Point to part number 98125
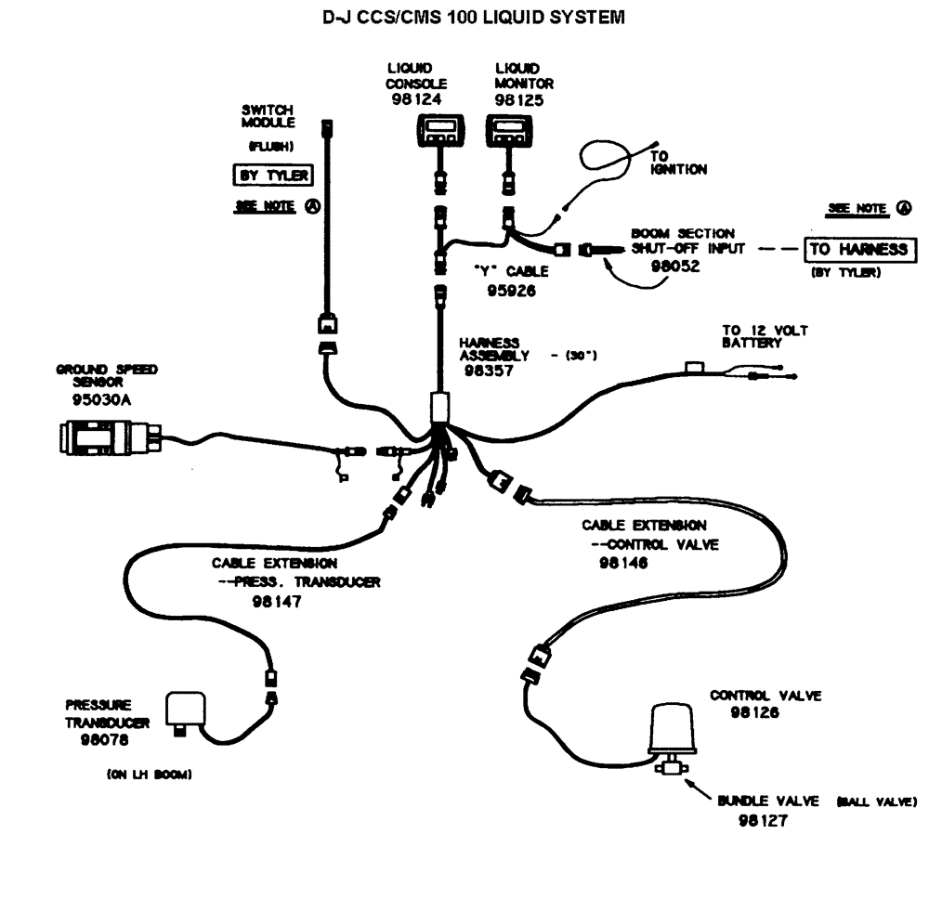(517, 98)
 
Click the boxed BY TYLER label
(271, 175)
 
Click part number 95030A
(105, 400)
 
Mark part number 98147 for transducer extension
(278, 601)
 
